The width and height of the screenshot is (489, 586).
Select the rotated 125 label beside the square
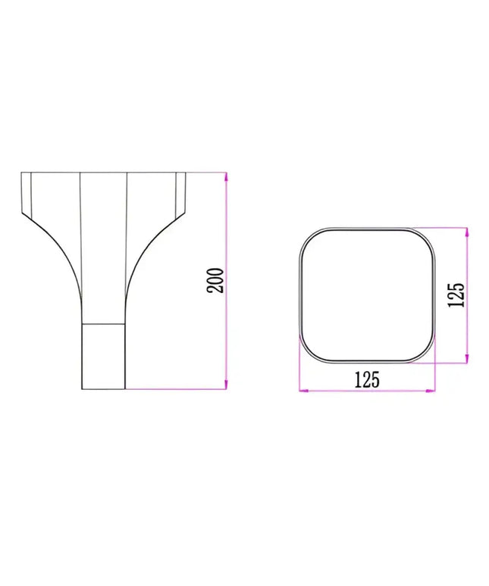pos(455,295)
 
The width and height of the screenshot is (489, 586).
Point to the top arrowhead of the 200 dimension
pos(226,177)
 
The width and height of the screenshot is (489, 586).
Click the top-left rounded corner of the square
pos(309,237)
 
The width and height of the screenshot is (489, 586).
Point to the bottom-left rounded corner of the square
pos(309,352)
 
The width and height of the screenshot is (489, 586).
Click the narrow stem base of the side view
pos(103,356)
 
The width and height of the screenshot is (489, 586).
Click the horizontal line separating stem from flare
pos(103,324)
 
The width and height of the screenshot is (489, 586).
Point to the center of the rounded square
pos(368,295)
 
